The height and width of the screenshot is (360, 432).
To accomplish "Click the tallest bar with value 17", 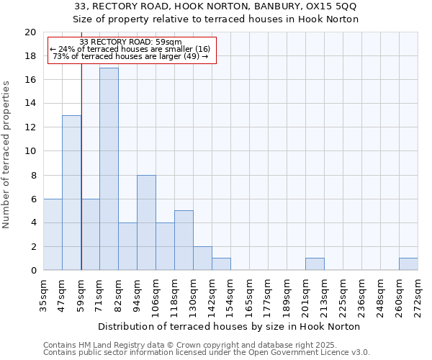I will click(x=109, y=169).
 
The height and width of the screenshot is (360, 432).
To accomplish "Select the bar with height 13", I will click(x=71, y=193).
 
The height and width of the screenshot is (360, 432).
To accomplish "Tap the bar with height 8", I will click(x=146, y=222).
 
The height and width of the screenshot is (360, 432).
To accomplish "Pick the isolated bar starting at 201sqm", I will click(x=315, y=264).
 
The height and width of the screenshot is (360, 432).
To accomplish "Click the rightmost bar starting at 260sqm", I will click(x=408, y=264).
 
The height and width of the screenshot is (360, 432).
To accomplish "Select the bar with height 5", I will click(x=184, y=240).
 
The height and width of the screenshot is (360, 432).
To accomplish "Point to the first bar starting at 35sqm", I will click(x=53, y=235).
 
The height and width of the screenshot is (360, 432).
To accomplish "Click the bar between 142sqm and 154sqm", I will click(x=221, y=264).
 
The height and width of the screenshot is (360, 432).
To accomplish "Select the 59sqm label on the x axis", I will click(x=81, y=294).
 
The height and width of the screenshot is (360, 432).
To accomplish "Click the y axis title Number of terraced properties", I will click(x=6, y=154).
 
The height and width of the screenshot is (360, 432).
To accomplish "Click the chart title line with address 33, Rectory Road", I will click(x=216, y=6).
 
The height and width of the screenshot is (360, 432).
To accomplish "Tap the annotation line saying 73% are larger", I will click(x=130, y=56).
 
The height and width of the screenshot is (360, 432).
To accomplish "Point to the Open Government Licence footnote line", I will click(x=207, y=353).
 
